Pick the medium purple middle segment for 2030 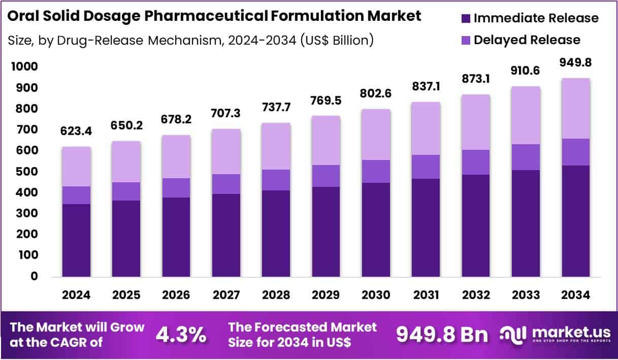[376, 171]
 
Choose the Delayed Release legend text [527, 40]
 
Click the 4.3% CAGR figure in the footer [181, 335]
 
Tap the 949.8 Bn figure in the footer [441, 335]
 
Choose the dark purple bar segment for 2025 [126, 239]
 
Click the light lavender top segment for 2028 [276, 146]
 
